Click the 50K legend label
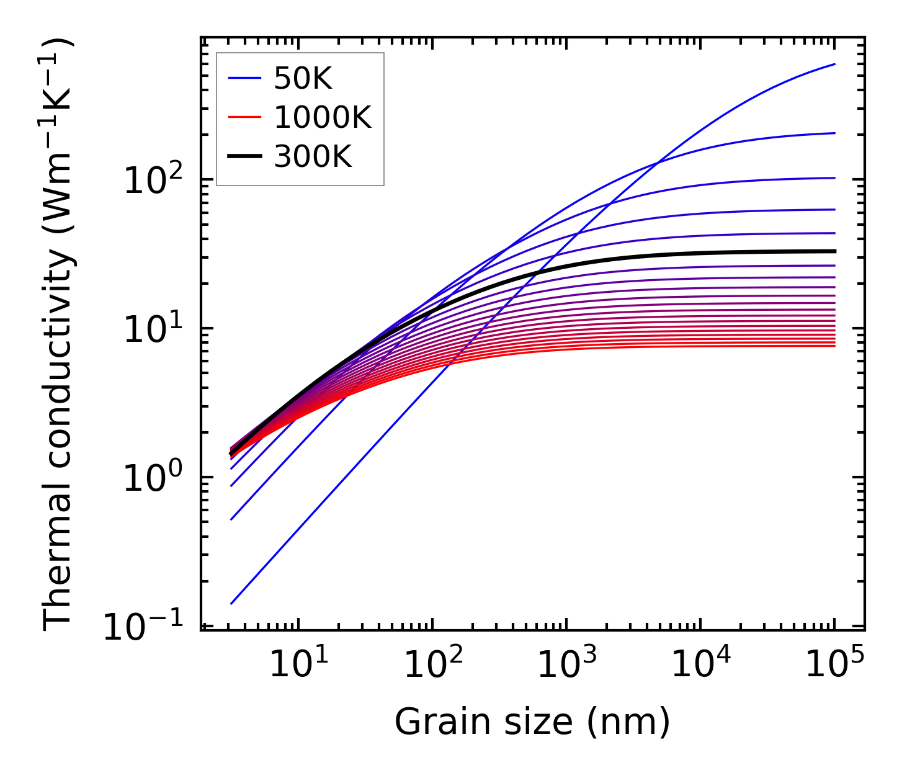[x=303, y=79]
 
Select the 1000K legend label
[x=323, y=117]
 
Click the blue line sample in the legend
[x=245, y=79]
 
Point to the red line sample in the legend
[x=245, y=117]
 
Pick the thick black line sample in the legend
[x=245, y=156]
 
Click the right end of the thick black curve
[x=835, y=251]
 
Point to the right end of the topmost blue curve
[x=835, y=64]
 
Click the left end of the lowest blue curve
[x=231, y=604]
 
